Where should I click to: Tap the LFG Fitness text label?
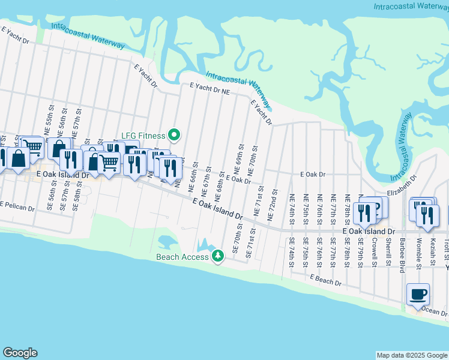[x=143, y=136]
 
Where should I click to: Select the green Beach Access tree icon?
[x=217, y=257]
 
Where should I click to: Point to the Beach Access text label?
[x=182, y=257]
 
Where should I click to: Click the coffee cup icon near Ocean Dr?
[x=418, y=295]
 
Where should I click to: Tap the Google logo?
[x=20, y=353]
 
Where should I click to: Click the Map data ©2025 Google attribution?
[x=411, y=355]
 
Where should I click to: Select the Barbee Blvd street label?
[x=403, y=253]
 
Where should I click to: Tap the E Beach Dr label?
[x=326, y=280]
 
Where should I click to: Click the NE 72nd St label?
[x=274, y=203]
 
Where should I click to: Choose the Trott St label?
[x=447, y=246]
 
